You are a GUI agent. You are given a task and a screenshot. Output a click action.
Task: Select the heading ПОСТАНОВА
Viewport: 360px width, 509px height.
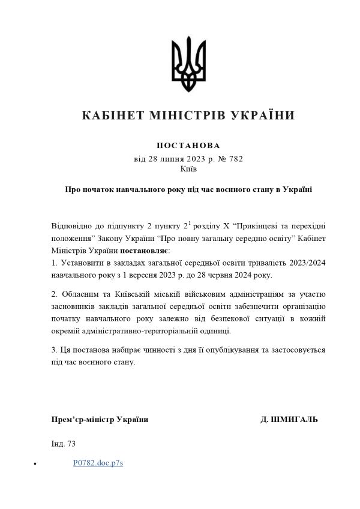point(188,146)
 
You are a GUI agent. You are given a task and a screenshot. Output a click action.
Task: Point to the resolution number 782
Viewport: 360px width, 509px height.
point(234,159)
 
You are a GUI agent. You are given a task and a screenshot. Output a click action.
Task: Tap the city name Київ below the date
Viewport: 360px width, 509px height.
point(188,169)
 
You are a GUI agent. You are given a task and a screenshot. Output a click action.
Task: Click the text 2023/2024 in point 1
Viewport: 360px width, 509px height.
point(305,263)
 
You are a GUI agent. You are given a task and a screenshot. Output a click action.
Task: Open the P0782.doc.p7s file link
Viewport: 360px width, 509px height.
point(98,463)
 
